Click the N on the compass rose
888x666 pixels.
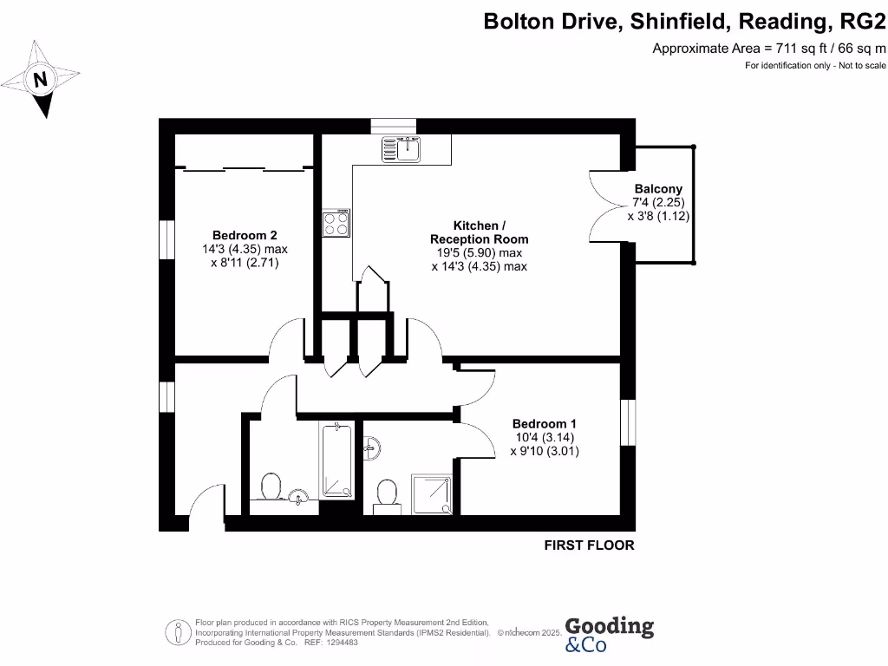tap(39, 81)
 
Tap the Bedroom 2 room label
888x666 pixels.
tap(245, 235)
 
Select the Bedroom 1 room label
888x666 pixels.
tap(544, 423)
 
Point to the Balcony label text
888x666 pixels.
tap(658, 189)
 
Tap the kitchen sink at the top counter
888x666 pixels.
tap(401, 149)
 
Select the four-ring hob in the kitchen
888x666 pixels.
tap(336, 224)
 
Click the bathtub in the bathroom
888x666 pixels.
tap(336, 460)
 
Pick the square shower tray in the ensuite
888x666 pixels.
tap(431, 493)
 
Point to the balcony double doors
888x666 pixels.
tap(607, 206)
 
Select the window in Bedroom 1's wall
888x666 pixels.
tap(627, 422)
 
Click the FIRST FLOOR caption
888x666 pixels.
tap(589, 545)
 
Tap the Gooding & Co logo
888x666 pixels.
tap(609, 633)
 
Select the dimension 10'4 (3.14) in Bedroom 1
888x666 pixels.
tap(544, 437)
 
